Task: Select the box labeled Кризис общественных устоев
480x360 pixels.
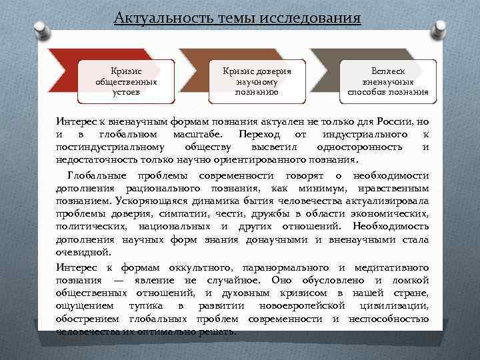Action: [x=127, y=81]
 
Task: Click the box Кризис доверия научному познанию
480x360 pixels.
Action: [x=257, y=81]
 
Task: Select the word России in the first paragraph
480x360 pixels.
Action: [x=397, y=121]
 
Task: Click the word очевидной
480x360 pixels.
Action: [x=81, y=253]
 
